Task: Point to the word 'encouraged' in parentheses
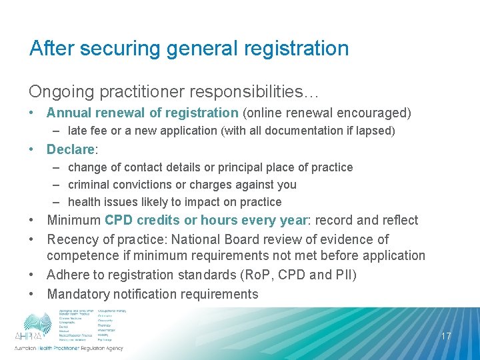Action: (373, 113)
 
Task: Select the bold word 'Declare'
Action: (71, 149)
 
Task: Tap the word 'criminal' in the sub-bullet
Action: (89, 185)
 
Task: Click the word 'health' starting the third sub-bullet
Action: (84, 202)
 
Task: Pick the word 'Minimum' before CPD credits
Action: (73, 221)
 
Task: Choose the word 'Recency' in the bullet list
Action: (72, 239)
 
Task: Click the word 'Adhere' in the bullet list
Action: (69, 275)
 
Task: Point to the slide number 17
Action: (446, 336)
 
